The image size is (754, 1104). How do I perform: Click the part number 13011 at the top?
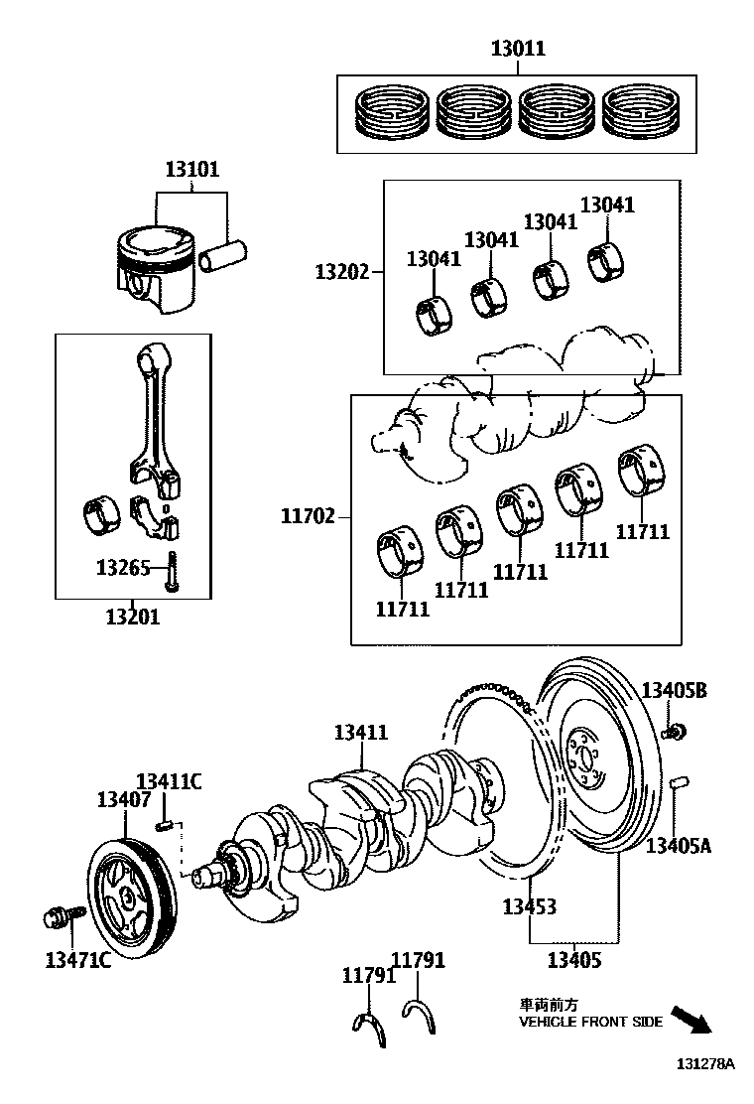(x=517, y=48)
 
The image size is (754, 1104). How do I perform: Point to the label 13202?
(x=342, y=272)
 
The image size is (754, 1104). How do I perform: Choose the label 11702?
(x=308, y=515)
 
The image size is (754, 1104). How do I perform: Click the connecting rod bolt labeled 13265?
(x=172, y=573)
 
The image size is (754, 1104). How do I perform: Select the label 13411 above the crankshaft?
(x=360, y=733)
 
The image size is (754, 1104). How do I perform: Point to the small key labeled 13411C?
(x=166, y=822)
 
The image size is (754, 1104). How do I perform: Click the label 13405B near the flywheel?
(x=674, y=691)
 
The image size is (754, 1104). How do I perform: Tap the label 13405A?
(x=679, y=846)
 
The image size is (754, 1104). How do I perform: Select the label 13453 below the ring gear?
(x=528, y=906)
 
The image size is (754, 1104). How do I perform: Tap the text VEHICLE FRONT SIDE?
(x=590, y=1022)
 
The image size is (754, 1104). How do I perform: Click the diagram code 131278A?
(x=705, y=1063)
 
